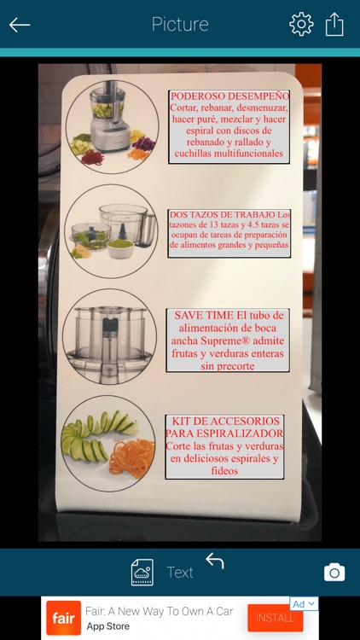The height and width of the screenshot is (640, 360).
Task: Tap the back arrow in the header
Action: click(20, 25)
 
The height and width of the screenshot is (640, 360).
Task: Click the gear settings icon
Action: click(301, 24)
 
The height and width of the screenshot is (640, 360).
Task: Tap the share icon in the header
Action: click(334, 24)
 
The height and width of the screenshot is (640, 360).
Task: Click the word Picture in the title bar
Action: click(180, 25)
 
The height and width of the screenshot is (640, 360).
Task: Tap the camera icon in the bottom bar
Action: click(334, 573)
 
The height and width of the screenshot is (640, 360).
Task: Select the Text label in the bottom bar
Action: click(180, 573)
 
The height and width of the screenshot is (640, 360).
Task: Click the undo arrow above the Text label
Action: click(215, 561)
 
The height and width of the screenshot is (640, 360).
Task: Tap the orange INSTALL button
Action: click(275, 618)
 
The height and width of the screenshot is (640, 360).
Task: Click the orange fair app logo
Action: click(63, 618)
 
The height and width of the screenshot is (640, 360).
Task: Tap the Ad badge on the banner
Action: click(303, 604)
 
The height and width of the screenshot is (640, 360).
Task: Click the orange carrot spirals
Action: click(132, 458)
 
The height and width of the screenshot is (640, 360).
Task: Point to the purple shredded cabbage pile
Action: click(144, 143)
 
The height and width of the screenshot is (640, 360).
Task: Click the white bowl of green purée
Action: click(120, 248)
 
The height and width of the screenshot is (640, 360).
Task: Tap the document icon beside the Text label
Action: click(142, 573)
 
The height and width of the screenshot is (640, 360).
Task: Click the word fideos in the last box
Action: click(224, 471)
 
